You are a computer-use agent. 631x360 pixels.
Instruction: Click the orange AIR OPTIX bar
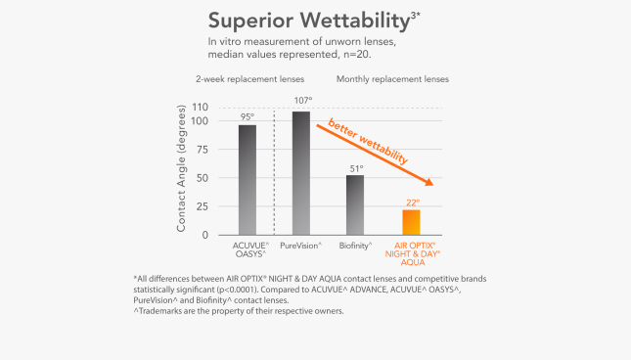click(411, 222)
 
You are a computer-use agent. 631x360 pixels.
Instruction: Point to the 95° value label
click(248, 116)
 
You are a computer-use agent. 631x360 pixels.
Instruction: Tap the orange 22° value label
click(412, 202)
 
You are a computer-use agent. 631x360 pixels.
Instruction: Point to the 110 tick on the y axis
click(200, 107)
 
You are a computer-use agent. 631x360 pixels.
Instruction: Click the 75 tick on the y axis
click(203, 150)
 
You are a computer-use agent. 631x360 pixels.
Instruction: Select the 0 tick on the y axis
click(205, 236)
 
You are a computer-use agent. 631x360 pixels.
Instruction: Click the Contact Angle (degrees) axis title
click(182, 171)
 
